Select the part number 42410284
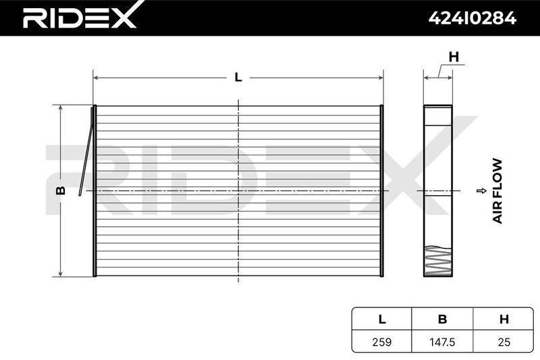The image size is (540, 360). [x=472, y=18]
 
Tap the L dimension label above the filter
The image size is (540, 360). [x=238, y=77]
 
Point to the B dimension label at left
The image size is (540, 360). [x=61, y=190]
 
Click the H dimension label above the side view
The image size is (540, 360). [x=454, y=57]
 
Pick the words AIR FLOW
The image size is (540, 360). [x=497, y=191]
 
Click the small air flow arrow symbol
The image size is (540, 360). [x=481, y=191]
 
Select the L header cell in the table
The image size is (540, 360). [x=382, y=319]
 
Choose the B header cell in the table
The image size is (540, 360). [x=443, y=319]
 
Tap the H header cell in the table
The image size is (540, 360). [x=504, y=319]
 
